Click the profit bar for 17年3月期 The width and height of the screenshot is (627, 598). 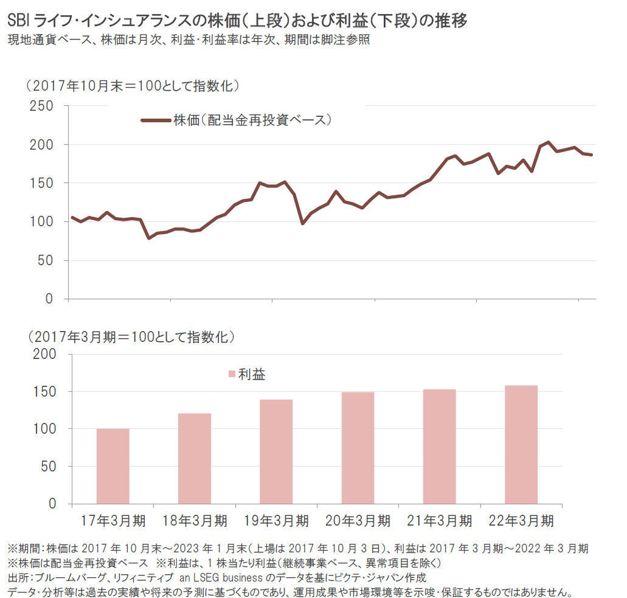click(113, 466)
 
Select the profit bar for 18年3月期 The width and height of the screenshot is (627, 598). click(195, 459)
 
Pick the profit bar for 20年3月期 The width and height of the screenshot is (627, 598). click(358, 448)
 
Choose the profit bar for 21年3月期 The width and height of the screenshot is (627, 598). click(439, 447)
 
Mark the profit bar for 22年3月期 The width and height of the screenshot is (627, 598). click(521, 444)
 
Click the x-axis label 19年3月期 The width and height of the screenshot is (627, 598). click(276, 521)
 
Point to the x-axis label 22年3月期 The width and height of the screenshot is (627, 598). click(521, 521)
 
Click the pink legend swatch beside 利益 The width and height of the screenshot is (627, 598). click(231, 374)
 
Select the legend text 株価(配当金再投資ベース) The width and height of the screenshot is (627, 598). click(252, 120)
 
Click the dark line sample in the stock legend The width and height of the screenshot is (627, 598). click(156, 120)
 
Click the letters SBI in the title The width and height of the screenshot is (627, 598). click(20, 21)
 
